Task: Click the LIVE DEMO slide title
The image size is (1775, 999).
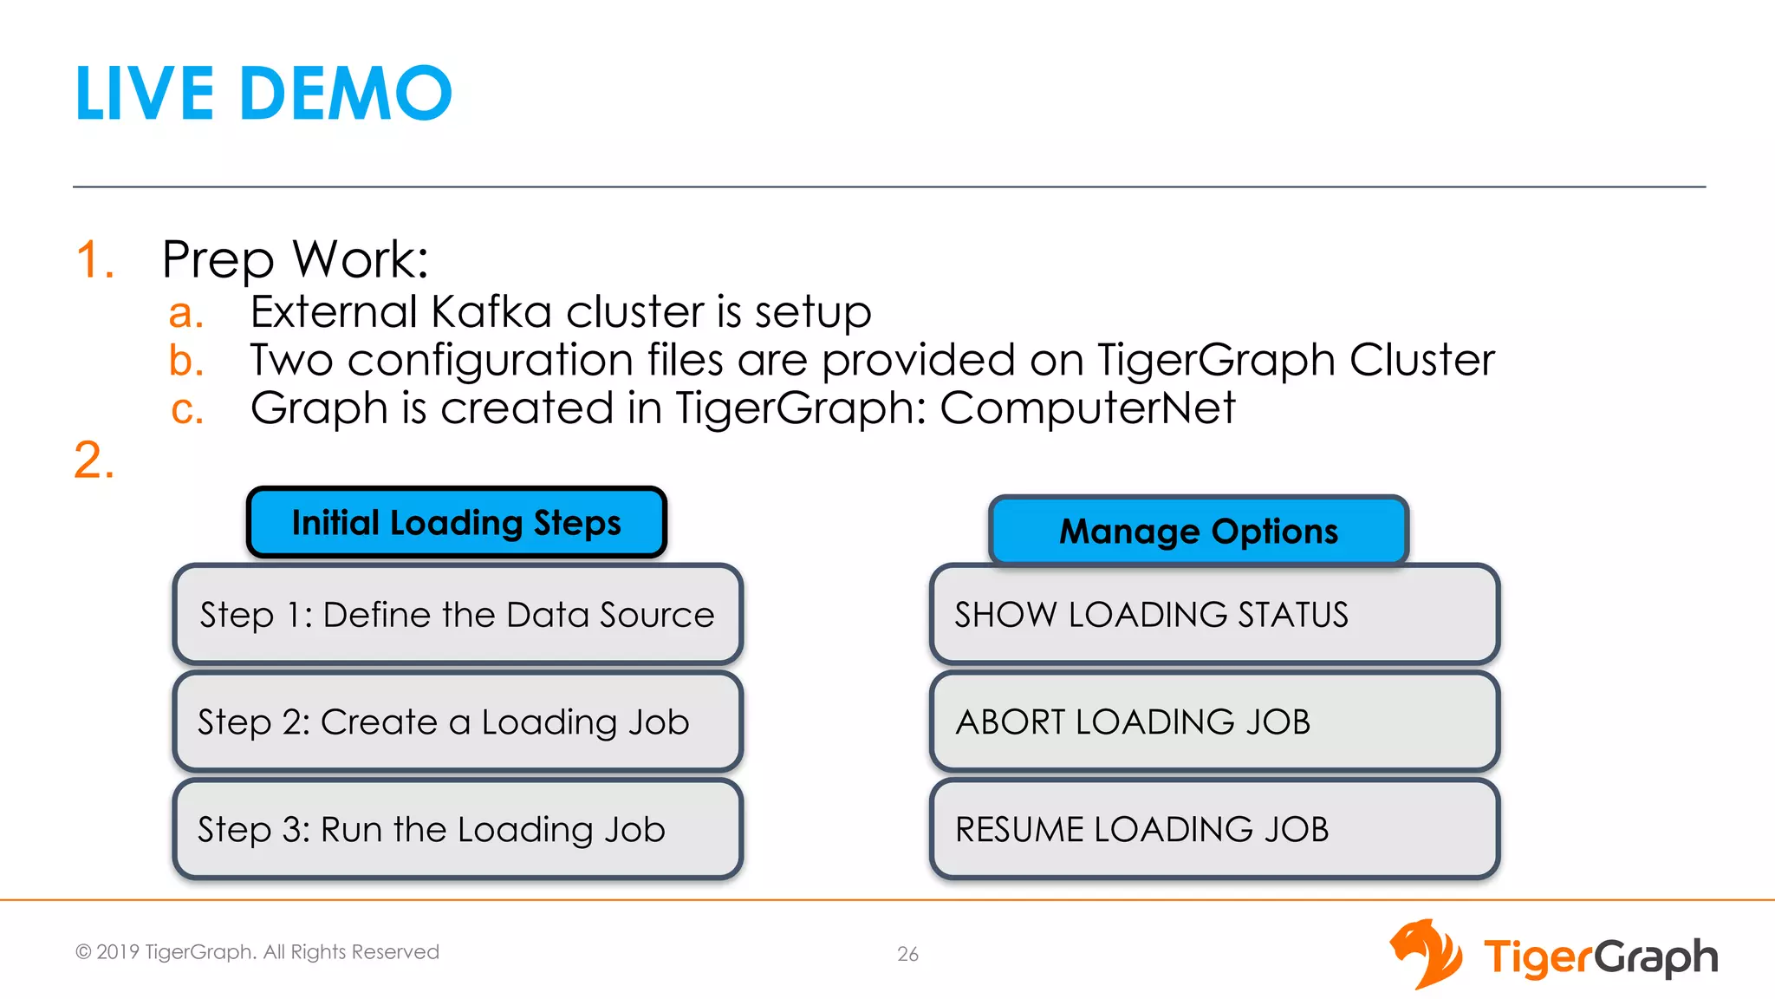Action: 263,94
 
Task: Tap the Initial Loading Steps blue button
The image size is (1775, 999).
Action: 457,523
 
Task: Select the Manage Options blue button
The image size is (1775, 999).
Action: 1199,531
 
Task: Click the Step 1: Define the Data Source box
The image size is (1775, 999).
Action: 458,615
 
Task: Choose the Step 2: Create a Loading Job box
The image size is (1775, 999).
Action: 458,722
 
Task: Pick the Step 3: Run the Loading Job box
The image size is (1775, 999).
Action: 458,830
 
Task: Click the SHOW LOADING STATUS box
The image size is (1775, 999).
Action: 1214,615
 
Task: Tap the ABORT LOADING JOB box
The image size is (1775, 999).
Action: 1214,722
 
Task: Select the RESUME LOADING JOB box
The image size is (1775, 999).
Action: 1214,830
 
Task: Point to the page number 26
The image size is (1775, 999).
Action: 907,954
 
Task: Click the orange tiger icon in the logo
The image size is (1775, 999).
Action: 1426,954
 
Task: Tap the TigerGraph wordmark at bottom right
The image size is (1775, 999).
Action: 1600,957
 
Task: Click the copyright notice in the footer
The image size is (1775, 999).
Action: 257,952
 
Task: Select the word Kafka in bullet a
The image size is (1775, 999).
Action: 491,312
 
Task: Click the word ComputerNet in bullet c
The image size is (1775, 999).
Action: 1088,408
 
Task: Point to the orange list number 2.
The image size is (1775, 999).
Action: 94,460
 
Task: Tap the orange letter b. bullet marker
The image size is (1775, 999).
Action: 185,361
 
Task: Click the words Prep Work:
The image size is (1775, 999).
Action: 295,259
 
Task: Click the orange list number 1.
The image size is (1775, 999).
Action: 94,259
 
